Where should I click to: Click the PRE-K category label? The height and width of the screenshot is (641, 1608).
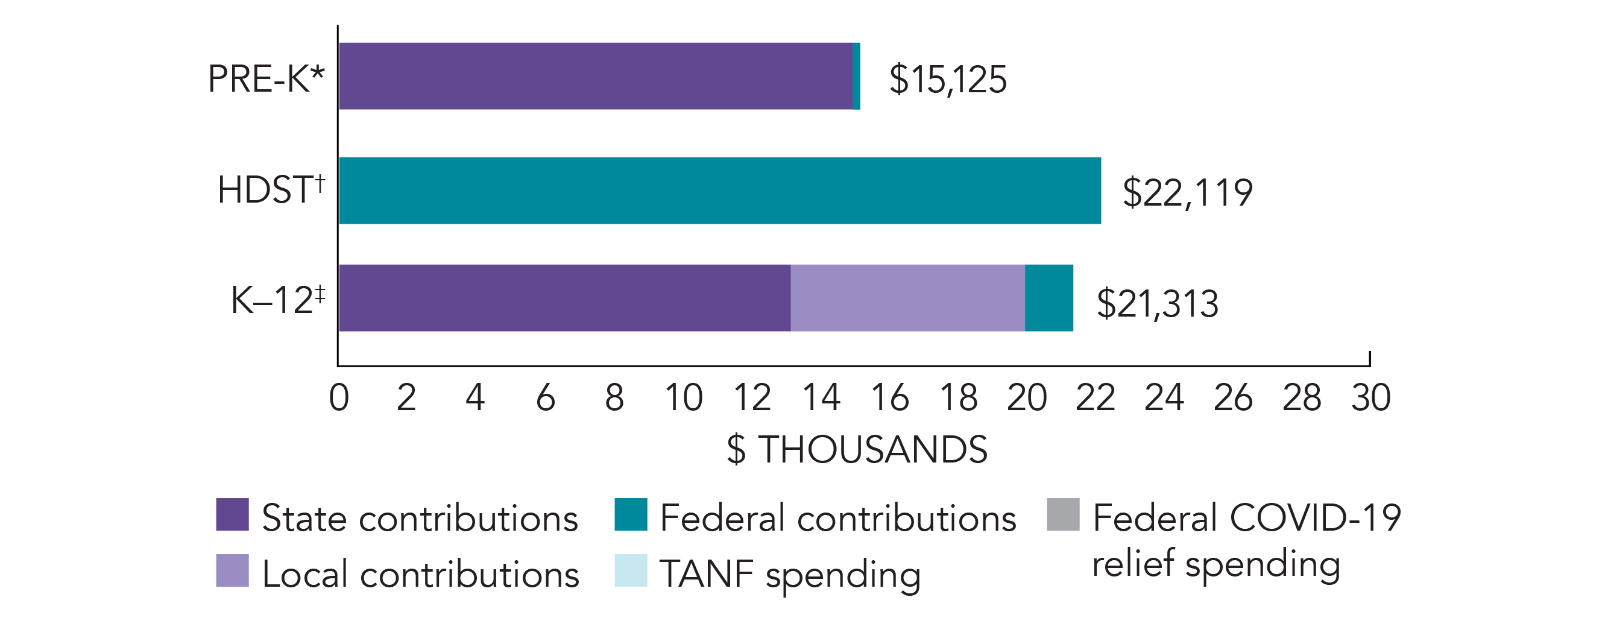[x=266, y=79]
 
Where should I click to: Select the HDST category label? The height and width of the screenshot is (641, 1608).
[x=271, y=190]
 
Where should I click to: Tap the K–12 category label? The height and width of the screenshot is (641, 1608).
[x=278, y=300]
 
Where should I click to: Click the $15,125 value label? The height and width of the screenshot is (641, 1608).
[x=948, y=80]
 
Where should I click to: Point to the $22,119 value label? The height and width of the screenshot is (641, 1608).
[x=1187, y=192]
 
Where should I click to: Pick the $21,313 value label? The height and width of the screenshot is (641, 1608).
[x=1157, y=304]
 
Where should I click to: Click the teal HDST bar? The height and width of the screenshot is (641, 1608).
[x=720, y=191]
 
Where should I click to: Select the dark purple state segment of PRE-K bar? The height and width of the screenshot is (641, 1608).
[x=596, y=76]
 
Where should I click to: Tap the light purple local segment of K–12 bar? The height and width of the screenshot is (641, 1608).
[x=907, y=298]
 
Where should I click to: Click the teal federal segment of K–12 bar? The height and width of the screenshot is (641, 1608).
[x=1048, y=298]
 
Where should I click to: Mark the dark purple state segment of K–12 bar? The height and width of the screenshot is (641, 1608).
[x=564, y=298]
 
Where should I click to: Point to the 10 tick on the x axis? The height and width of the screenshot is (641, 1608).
[x=684, y=397]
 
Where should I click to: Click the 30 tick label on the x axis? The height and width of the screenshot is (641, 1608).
[x=1371, y=397]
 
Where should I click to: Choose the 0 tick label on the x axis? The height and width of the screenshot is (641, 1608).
[x=338, y=397]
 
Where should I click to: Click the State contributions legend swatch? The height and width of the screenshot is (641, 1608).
[x=232, y=514]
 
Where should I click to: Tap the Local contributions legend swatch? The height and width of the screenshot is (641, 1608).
[x=232, y=570]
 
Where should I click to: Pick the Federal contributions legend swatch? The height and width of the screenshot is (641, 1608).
[x=631, y=514]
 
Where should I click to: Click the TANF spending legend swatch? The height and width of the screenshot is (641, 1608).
[x=631, y=570]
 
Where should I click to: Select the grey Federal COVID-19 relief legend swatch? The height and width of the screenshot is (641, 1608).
[x=1063, y=514]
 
